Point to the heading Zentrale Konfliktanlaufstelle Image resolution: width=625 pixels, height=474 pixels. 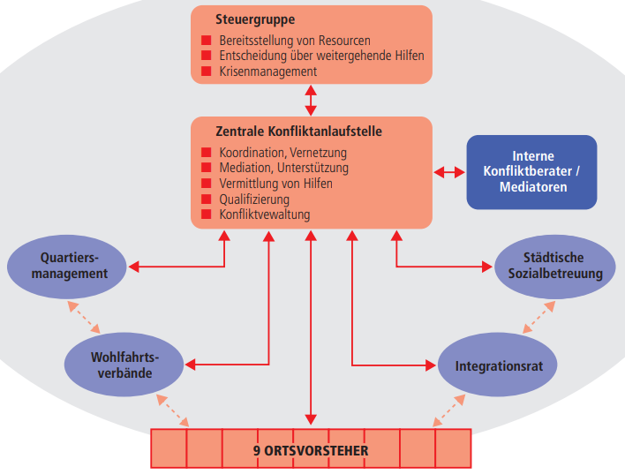tap(298, 132)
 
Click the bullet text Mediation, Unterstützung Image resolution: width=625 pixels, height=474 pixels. tap(283, 168)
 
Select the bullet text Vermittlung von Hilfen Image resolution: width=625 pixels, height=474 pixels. tap(277, 184)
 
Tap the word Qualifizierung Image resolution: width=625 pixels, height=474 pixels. tap(254, 199)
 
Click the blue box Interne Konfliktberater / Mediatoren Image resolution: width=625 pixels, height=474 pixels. tap(531, 171)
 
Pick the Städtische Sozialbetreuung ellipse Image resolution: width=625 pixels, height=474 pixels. tap(549, 266)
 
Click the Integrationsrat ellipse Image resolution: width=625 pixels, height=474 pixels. tap(499, 365)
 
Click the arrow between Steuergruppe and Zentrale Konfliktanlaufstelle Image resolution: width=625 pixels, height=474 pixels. tap(311, 99)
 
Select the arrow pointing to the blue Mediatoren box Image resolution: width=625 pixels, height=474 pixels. tap(449, 171)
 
